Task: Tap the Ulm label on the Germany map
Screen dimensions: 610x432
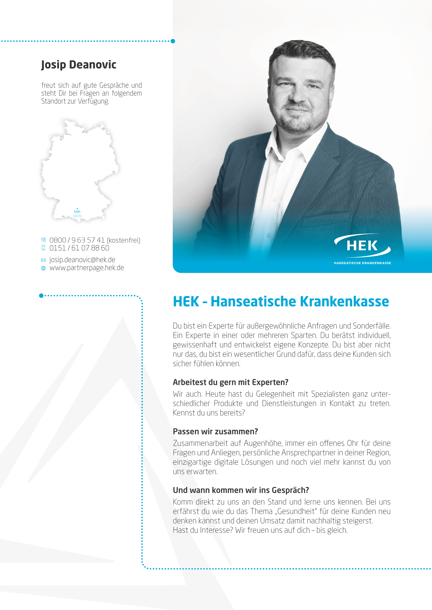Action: click(x=77, y=212)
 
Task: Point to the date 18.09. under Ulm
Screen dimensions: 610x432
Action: click(x=77, y=216)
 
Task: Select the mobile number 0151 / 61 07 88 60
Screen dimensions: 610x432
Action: click(x=79, y=248)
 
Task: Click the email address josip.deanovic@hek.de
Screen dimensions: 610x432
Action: click(x=82, y=260)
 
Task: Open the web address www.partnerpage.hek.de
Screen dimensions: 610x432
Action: click(x=87, y=268)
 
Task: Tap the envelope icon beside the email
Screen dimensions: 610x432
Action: click(x=43, y=260)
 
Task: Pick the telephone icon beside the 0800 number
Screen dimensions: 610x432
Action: click(x=43, y=240)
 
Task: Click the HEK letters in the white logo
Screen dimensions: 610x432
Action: click(x=362, y=246)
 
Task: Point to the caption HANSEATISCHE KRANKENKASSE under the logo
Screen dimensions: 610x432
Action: click(x=362, y=263)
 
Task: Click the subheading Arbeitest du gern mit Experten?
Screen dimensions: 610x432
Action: click(x=230, y=382)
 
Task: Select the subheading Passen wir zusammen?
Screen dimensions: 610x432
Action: click(x=215, y=431)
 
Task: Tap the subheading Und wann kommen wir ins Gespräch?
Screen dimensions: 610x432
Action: click(x=241, y=490)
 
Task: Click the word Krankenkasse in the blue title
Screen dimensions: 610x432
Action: click(x=344, y=302)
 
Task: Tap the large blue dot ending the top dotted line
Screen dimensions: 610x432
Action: click(x=173, y=41)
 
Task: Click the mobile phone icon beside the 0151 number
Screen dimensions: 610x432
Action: click(x=43, y=248)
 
